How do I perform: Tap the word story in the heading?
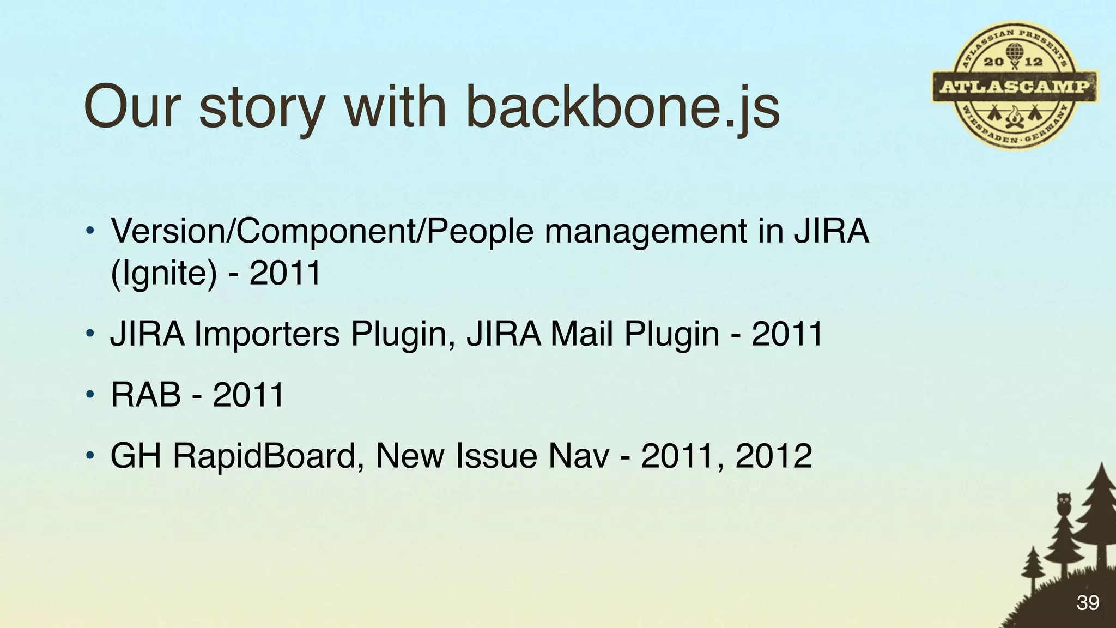coord(262,107)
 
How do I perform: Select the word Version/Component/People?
coord(322,231)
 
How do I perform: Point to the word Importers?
coord(267,334)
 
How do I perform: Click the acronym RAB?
coord(145,395)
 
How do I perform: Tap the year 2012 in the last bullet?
coord(774,456)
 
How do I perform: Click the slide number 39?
coord(1088,603)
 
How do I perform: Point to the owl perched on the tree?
coord(1063,504)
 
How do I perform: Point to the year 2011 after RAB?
coord(248,395)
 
